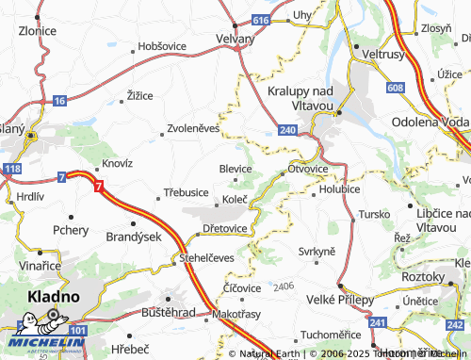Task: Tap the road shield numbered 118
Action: click(11, 168)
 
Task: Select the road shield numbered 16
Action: click(59, 100)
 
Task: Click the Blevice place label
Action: click(235, 169)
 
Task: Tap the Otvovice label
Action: click(307, 170)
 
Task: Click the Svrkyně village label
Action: click(317, 251)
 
